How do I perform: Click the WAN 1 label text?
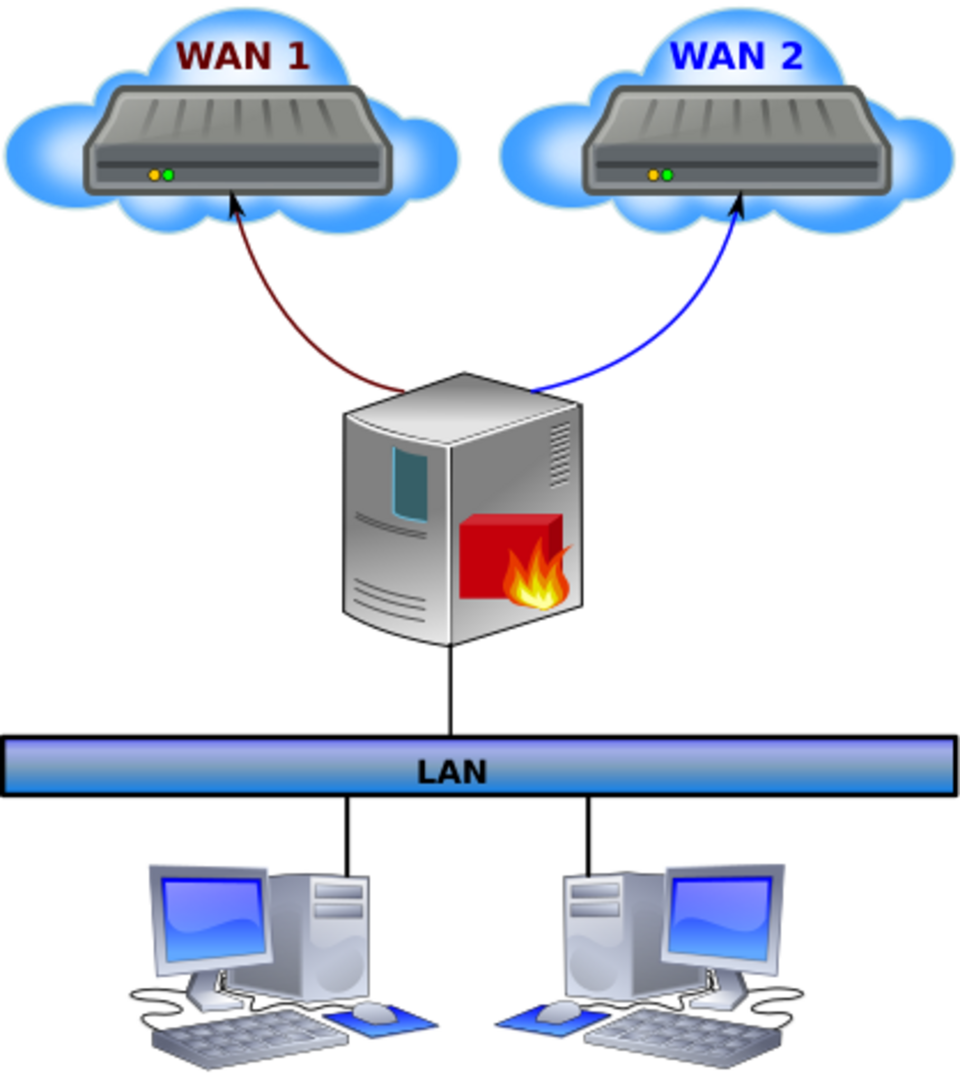(x=243, y=55)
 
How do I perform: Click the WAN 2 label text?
(x=736, y=55)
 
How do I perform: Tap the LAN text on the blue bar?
(x=452, y=772)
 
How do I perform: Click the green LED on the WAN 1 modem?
(x=169, y=175)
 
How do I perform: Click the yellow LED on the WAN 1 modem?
(x=154, y=175)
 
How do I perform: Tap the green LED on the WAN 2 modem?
(x=668, y=175)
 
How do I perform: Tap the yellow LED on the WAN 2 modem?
(x=654, y=175)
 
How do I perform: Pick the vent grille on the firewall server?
(x=560, y=455)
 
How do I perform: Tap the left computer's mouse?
(x=375, y=1013)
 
